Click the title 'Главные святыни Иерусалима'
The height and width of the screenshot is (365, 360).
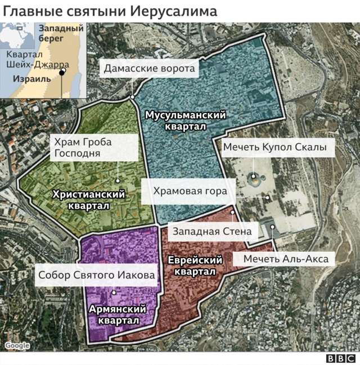click(110, 11)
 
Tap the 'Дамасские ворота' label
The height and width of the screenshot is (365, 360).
click(149, 69)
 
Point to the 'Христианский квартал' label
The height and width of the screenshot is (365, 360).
click(88, 200)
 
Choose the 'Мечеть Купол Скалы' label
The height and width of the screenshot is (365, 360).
click(275, 148)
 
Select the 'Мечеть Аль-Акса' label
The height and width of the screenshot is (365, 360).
click(286, 259)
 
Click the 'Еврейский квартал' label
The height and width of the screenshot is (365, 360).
click(195, 265)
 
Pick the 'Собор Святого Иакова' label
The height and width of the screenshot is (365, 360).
click(96, 276)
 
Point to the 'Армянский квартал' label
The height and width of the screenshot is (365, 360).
click(118, 314)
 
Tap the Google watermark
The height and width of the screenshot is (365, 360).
click(17, 346)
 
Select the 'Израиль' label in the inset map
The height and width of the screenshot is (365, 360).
click(32, 79)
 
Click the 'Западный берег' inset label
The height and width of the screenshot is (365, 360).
click(61, 33)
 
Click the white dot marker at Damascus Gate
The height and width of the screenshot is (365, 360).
click(132, 97)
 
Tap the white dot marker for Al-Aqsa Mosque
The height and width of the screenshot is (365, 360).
click(272, 227)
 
